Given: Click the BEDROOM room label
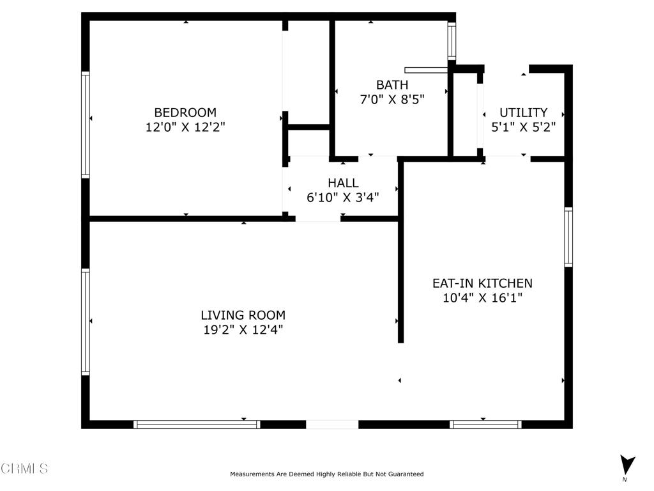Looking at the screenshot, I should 185,113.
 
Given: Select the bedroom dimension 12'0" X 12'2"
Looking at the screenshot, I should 185,127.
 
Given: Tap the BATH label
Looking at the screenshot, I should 392,84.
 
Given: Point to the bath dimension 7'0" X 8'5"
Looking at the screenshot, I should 392,99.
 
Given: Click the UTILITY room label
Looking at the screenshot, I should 523,113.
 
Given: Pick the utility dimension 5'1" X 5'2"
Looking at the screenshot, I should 523,127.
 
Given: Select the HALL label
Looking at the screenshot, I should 343,183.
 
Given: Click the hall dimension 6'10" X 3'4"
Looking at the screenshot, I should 343,198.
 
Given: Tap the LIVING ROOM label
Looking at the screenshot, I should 243,315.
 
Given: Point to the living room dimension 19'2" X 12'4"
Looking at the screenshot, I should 243,330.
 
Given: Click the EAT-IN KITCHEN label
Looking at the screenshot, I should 482,283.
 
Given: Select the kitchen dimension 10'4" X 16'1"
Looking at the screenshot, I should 482,297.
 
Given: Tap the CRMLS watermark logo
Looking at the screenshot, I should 24,469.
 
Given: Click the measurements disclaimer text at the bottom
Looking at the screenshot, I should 326,474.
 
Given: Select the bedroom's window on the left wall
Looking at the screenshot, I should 85,125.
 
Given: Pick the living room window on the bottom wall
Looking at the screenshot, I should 197,424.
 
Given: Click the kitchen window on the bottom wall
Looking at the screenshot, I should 485,424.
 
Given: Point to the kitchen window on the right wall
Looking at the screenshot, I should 568,236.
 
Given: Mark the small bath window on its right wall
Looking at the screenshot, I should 452,41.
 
